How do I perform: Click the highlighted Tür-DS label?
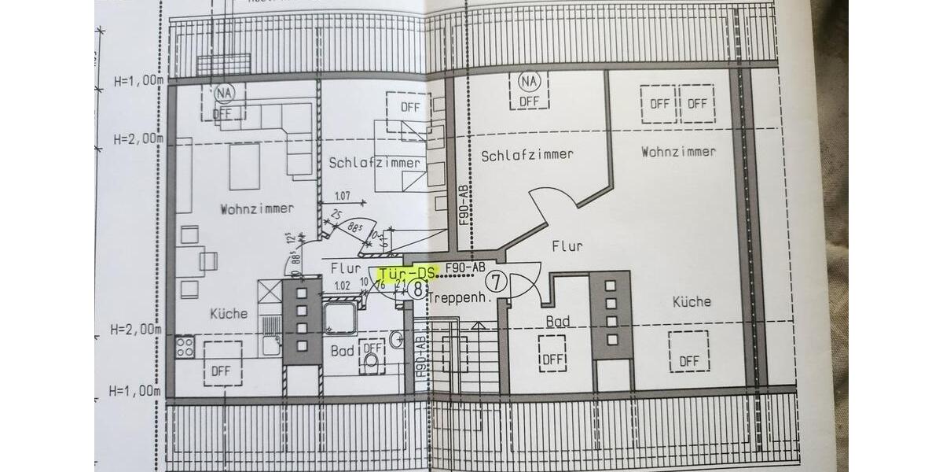407,273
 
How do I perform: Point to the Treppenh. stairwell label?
460,298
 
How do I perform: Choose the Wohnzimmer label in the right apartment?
678,151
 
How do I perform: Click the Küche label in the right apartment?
692,301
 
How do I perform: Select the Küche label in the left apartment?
228,313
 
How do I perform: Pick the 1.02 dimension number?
342,286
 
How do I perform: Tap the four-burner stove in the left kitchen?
185,347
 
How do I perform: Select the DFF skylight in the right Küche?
688,352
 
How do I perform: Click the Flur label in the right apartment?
567,246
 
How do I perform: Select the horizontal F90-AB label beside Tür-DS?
465,267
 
